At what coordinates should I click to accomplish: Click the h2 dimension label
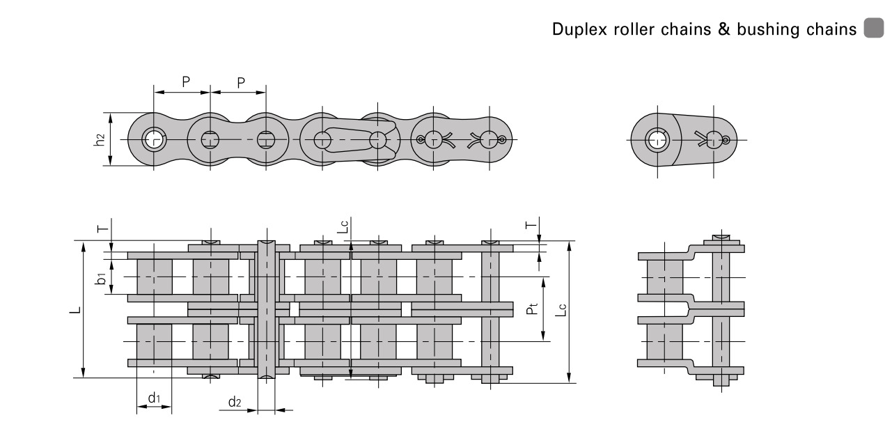[101, 139]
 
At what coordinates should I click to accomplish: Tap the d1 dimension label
[154, 398]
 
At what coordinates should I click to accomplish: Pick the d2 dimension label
[235, 402]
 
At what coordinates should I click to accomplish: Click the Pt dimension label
[531, 308]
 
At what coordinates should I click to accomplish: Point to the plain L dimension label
[79, 309]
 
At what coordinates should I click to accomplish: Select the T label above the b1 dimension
[102, 228]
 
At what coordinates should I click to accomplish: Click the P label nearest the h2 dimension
[186, 81]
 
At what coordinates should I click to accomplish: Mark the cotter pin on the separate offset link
[712, 139]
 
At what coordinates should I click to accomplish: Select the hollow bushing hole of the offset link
[655, 139]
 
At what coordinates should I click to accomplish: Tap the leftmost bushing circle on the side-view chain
[153, 139]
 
